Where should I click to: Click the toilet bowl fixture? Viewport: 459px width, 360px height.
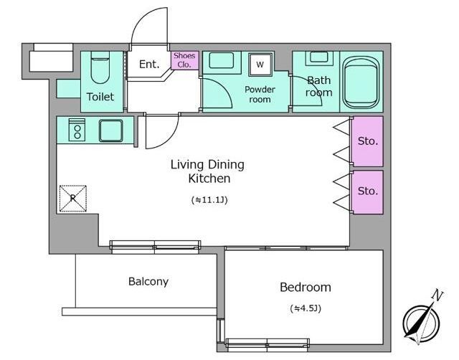100,68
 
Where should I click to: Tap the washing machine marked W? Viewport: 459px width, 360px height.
260,65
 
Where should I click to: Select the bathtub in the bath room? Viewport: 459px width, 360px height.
361,82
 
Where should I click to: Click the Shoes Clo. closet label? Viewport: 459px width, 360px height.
184,60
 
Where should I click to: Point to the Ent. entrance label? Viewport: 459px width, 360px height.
149,64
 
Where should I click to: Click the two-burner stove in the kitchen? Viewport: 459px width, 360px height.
77,130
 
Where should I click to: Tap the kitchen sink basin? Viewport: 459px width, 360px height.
110,131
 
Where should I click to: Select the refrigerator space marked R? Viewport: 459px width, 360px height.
73,198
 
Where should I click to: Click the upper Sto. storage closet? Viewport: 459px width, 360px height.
367,141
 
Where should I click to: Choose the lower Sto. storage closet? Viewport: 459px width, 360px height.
367,192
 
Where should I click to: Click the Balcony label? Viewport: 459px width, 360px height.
148,282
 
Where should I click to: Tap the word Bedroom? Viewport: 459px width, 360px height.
306,287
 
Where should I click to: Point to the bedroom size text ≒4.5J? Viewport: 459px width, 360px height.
306,308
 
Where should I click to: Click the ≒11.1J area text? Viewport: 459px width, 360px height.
209,200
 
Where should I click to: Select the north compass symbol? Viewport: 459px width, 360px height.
421,323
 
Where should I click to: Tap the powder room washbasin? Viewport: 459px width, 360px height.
222,60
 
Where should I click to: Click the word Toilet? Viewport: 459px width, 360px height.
100,97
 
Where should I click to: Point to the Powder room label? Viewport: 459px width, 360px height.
260,94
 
